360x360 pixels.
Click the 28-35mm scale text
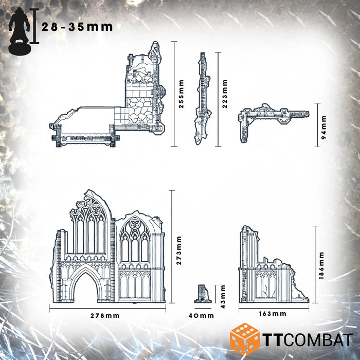click(77, 27)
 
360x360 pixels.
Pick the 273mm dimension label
click(179, 250)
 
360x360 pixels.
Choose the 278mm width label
click(107, 315)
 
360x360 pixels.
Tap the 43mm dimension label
click(223, 296)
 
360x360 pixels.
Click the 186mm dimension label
click(322, 265)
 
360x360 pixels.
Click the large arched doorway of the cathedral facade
click(87, 285)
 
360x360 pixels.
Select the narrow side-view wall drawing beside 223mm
click(203, 98)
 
